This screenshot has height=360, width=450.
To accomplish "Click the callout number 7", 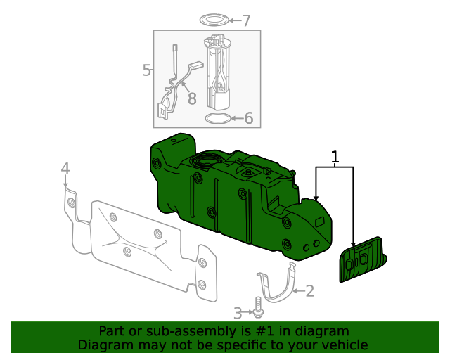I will (x=245, y=20).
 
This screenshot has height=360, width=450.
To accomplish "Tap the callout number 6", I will (x=248, y=118).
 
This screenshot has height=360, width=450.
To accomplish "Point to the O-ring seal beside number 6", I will (x=218, y=117).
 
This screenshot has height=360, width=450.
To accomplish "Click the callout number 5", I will (x=146, y=70).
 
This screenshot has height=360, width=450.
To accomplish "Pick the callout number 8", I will (x=191, y=98).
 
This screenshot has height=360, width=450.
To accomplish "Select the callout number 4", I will (x=65, y=169).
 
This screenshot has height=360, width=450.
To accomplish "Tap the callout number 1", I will (x=335, y=157).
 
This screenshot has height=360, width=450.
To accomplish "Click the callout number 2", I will (x=309, y=290).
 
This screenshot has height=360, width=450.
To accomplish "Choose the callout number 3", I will (x=238, y=312).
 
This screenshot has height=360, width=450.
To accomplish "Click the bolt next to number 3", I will (x=259, y=307).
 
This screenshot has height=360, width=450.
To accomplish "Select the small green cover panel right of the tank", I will (x=362, y=259).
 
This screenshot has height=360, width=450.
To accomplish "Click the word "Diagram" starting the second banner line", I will (x=103, y=345).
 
